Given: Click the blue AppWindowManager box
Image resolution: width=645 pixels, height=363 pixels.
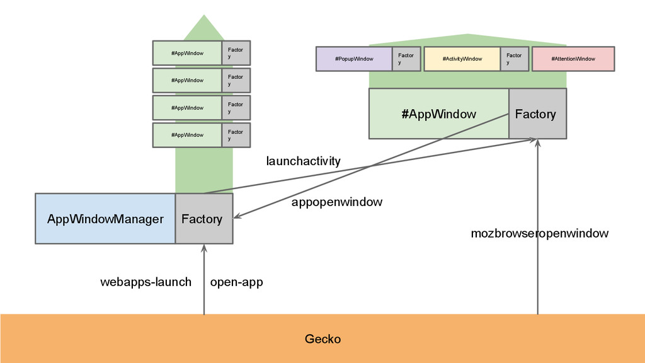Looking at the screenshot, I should [x=105, y=219].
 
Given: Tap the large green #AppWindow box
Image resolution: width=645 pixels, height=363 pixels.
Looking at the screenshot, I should [x=438, y=114].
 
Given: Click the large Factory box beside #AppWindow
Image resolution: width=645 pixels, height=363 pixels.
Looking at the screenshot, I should [x=537, y=114].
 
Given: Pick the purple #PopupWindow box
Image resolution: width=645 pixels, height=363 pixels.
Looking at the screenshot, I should [x=354, y=59].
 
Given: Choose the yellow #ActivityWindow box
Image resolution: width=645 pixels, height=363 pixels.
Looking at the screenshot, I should [x=462, y=59].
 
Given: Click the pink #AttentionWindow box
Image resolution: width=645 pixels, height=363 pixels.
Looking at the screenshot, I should [x=573, y=59].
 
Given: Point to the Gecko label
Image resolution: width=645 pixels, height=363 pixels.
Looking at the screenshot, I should [x=322, y=339].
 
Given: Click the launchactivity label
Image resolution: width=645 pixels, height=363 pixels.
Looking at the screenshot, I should [x=303, y=161].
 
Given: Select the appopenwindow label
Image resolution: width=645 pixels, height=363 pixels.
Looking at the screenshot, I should [x=336, y=202].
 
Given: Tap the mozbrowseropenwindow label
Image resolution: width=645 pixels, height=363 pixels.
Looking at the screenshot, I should [x=539, y=234].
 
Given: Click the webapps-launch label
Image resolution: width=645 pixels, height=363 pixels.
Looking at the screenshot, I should [x=146, y=282].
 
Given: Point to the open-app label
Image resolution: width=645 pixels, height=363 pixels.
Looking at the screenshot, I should [x=236, y=282].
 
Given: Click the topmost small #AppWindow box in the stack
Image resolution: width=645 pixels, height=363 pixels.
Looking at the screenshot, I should [x=187, y=53].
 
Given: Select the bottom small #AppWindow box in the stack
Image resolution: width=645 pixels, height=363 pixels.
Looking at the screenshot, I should [x=187, y=135].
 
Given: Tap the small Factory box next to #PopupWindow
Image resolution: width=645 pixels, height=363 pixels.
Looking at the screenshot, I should [x=406, y=59].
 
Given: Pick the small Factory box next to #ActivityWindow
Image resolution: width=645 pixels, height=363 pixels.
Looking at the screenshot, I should [x=515, y=59].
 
